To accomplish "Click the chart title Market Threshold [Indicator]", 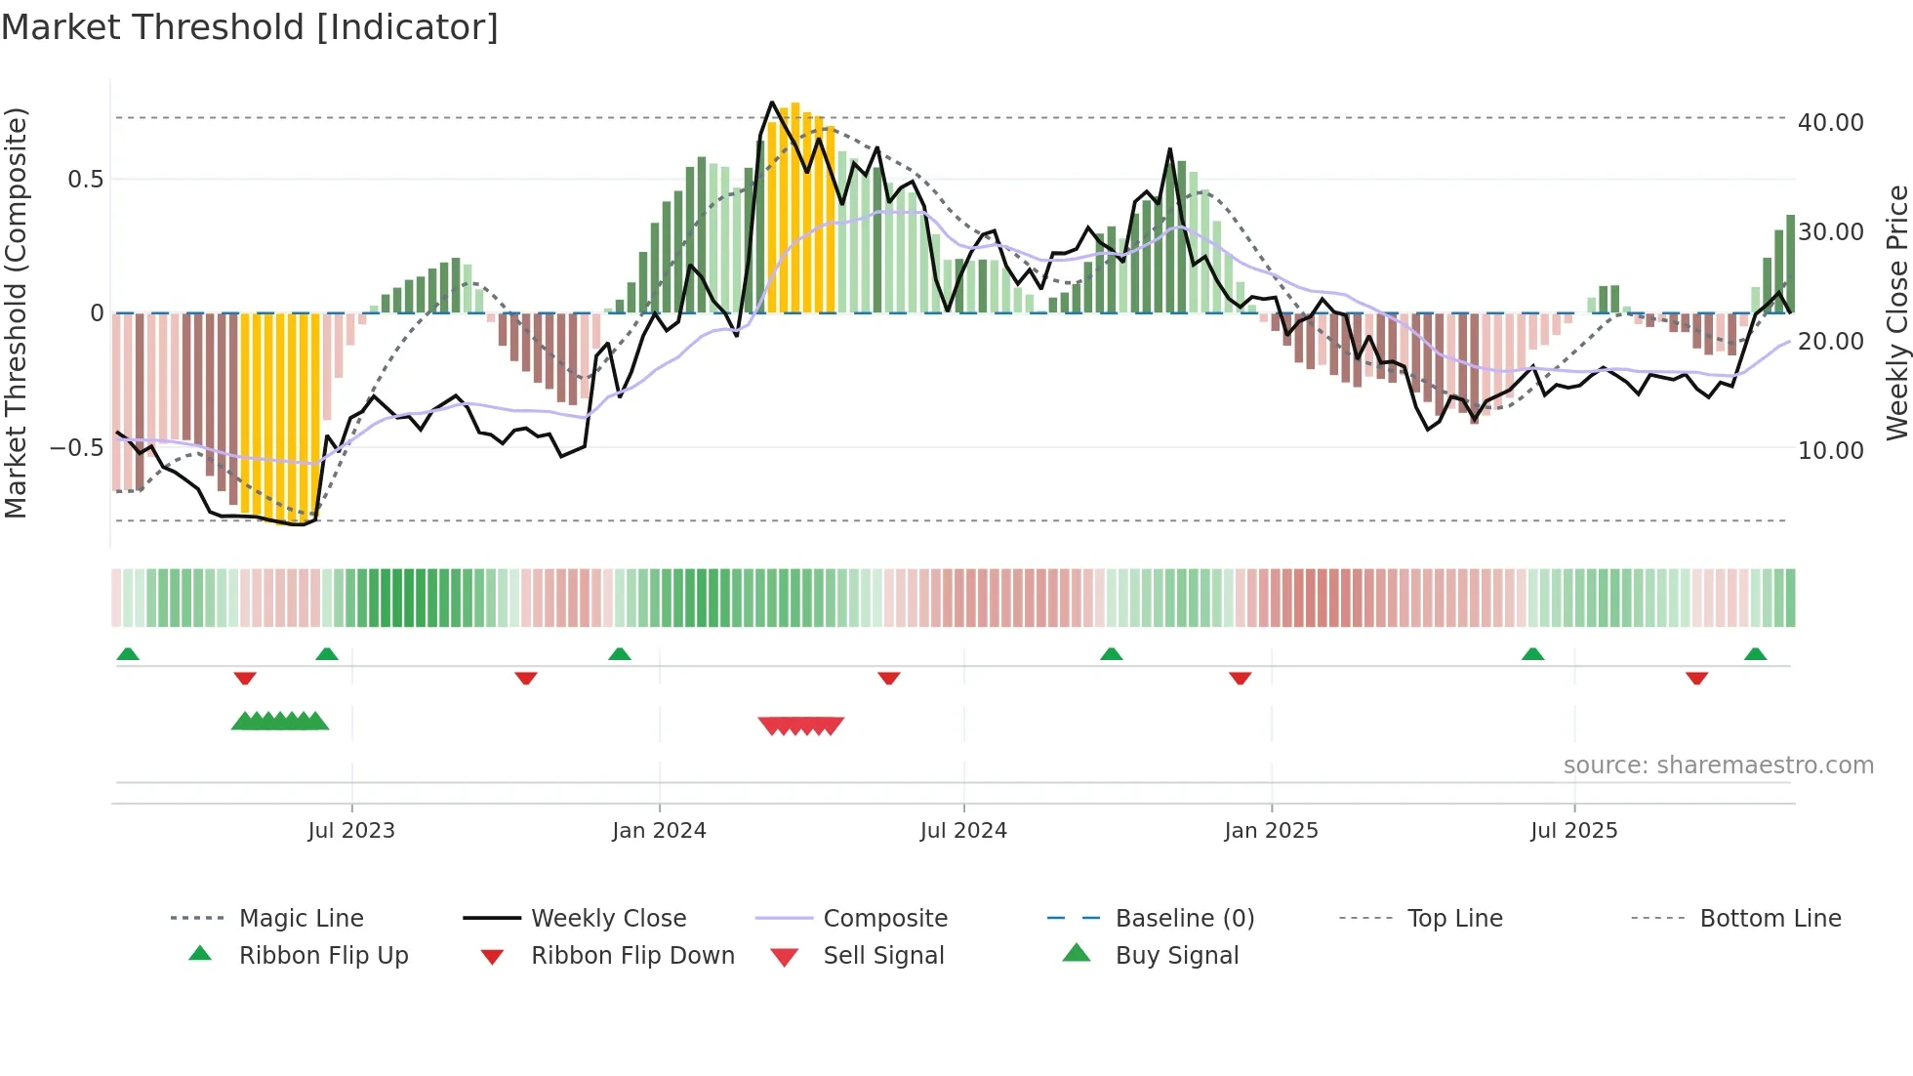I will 250,27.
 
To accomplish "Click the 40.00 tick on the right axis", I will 1830,123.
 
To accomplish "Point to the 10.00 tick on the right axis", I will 1830,451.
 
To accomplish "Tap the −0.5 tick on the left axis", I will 76,448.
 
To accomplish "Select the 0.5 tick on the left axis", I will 85,180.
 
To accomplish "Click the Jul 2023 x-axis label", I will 351,831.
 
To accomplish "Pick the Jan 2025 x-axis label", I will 1271,831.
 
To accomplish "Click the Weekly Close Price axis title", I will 1896,312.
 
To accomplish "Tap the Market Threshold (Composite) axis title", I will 16,312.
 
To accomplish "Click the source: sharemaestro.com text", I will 1718,766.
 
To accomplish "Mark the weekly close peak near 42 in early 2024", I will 772,103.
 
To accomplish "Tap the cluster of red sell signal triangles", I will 800,725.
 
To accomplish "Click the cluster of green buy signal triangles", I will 280,722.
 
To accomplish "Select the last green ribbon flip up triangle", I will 1755,654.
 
